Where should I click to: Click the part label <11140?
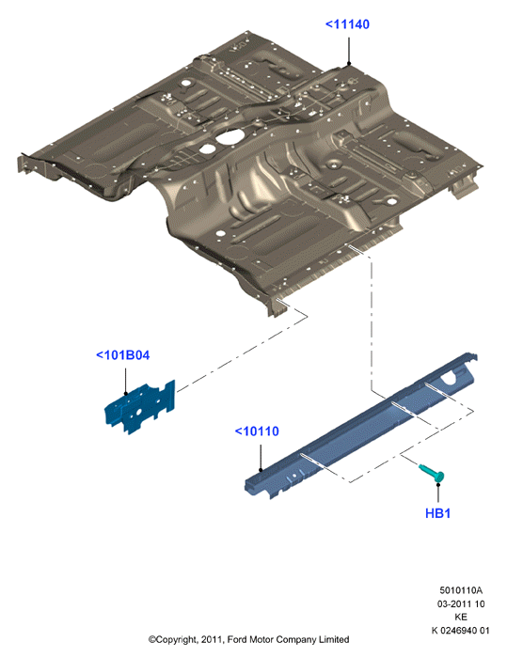347,24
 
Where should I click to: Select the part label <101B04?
122,355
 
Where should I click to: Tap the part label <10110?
257,431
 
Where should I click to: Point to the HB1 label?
437,513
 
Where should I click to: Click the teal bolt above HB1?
433,473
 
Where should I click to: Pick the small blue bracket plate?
140,407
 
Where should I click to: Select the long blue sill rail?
361,426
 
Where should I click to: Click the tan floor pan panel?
250,168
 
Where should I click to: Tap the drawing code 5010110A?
461,590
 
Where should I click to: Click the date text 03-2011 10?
461,603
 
